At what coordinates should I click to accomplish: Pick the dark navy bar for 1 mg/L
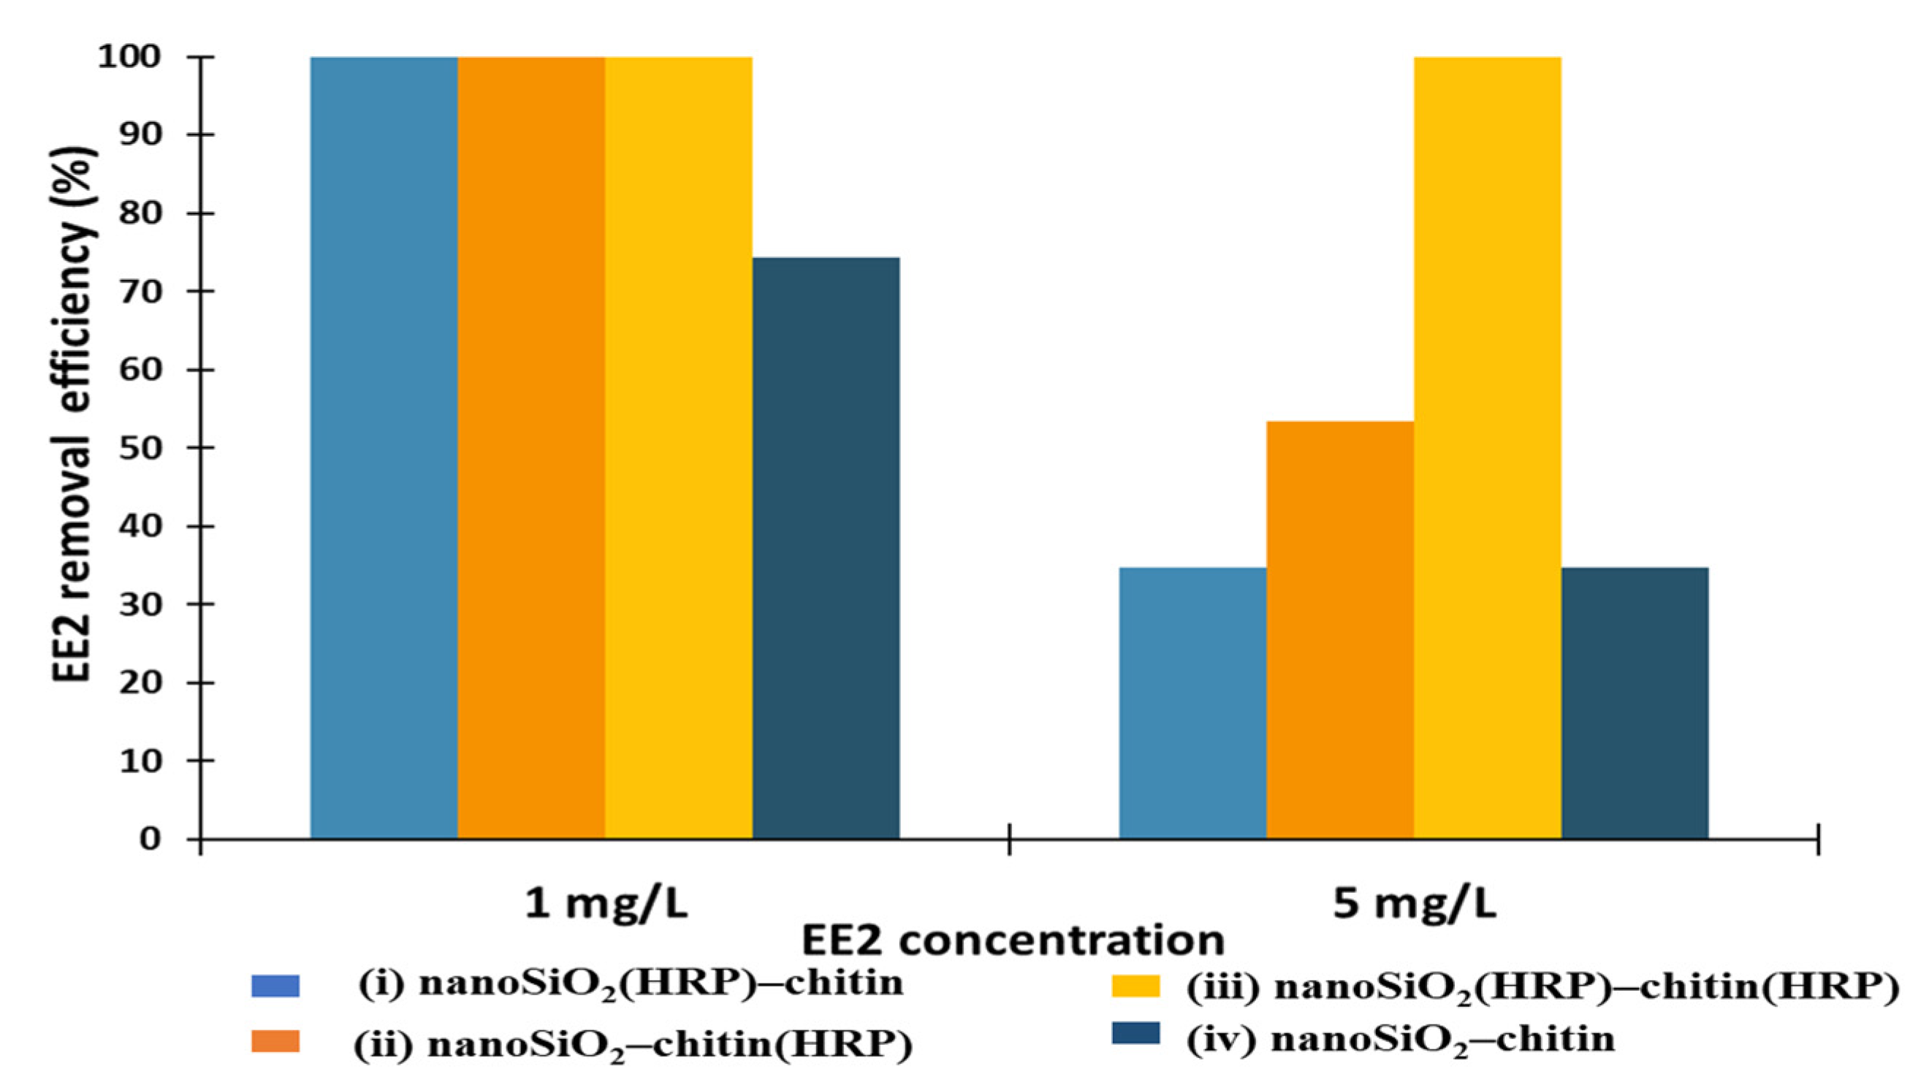pos(826,547)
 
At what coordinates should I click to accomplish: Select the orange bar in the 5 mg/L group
pos(1339,630)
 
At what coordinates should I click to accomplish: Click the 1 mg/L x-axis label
pos(605,905)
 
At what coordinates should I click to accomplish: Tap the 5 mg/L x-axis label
pos(1414,905)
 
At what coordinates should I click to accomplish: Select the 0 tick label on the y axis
pos(150,839)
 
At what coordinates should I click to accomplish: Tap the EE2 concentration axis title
pos(1013,941)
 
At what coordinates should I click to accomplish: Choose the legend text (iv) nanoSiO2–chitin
pos(1400,1040)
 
